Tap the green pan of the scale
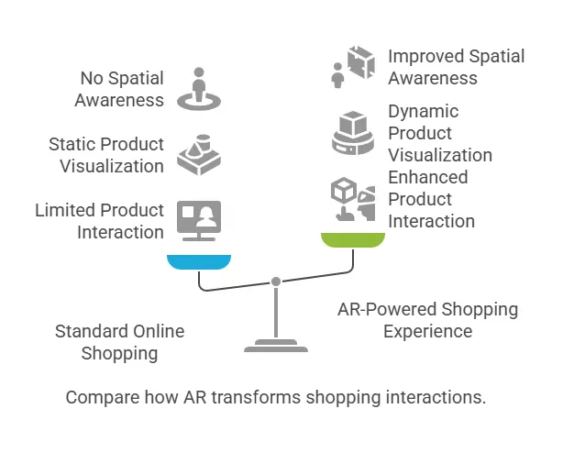[x=351, y=239]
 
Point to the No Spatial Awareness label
[x=119, y=89]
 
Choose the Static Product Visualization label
[x=106, y=155]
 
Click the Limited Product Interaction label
[x=100, y=221]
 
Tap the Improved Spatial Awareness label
[x=456, y=67]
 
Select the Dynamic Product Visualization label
[x=439, y=133]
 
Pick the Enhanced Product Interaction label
[x=431, y=199]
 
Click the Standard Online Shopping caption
[x=119, y=342]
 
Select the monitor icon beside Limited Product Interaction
[x=197, y=220]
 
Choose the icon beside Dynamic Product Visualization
[x=352, y=133]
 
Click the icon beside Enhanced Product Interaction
[x=352, y=200]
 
